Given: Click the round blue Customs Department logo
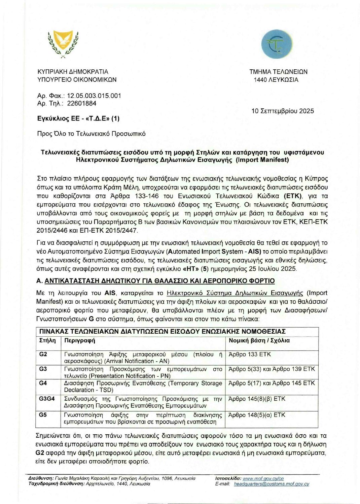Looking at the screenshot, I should coord(277,44).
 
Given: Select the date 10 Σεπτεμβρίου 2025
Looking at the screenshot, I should coord(282,111).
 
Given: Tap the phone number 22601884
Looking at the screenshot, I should coord(81,103).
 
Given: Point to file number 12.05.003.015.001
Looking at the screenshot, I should coord(94,96).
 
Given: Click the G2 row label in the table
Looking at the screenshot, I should coord(43,354).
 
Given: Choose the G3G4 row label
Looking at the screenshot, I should coord(47,399).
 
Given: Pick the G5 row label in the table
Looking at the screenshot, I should coord(43,415).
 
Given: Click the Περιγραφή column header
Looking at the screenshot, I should coord(80,340).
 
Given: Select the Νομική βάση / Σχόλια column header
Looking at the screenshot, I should coord(259,340).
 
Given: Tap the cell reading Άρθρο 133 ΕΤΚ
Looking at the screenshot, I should coord(250,354).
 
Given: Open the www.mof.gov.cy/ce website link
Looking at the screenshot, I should coord(263,478).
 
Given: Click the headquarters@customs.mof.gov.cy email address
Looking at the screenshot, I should coord(272,484).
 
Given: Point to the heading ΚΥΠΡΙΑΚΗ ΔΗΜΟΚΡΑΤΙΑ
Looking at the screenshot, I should coord(73,72).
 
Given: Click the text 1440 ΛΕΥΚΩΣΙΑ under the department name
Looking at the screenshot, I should coord(276,80).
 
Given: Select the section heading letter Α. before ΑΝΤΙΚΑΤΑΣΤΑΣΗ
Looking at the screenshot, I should coord(39,281).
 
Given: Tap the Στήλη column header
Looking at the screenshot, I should coord(47,340).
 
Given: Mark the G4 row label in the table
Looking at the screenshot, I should coord(43,383).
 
